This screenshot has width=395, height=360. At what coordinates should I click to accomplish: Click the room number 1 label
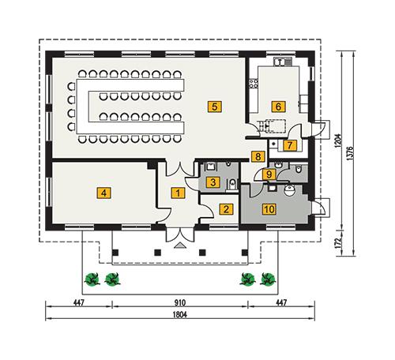[179, 192]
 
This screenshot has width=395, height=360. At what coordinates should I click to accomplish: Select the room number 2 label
[226, 209]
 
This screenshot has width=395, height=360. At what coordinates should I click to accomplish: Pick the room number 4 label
[102, 191]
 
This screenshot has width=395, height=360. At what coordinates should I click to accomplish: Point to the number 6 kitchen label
[278, 105]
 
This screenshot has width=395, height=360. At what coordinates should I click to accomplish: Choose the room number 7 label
[290, 145]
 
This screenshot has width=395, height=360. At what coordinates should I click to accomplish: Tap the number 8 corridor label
[257, 157]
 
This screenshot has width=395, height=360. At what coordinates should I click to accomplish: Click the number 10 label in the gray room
[269, 209]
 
